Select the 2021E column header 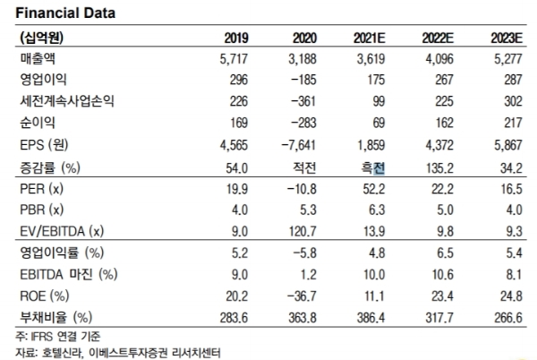pos(368,39)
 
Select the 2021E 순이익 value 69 pos(377,121)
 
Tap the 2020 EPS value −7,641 pos(294,142)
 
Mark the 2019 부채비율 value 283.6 pos(234,317)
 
